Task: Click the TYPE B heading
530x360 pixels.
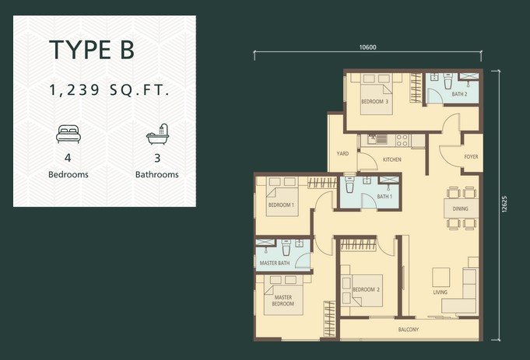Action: click(x=92, y=50)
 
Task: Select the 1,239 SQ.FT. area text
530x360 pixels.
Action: click(x=109, y=90)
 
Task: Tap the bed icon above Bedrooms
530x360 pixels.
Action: click(x=68, y=134)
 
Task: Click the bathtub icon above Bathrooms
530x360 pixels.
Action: click(x=157, y=134)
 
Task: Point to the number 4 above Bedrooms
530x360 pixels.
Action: click(x=68, y=158)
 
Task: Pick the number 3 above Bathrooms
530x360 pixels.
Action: click(x=157, y=158)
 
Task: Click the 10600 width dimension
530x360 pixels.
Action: click(x=367, y=47)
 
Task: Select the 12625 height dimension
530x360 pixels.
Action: click(x=504, y=204)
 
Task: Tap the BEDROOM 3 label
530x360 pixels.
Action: click(x=374, y=101)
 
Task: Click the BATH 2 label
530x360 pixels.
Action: click(x=459, y=94)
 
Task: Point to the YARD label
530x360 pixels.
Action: click(x=342, y=154)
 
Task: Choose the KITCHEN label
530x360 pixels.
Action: click(x=392, y=159)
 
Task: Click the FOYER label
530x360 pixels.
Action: click(x=471, y=157)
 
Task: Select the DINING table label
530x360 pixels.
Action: click(x=461, y=208)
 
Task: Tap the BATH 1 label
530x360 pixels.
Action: click(x=384, y=196)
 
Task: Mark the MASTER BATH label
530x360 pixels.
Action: click(x=275, y=263)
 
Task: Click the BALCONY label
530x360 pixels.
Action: click(x=409, y=329)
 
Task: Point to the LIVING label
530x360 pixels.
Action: click(x=440, y=292)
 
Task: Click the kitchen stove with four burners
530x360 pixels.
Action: click(x=402, y=140)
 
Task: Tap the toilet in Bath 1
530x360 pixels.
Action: click(x=349, y=184)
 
